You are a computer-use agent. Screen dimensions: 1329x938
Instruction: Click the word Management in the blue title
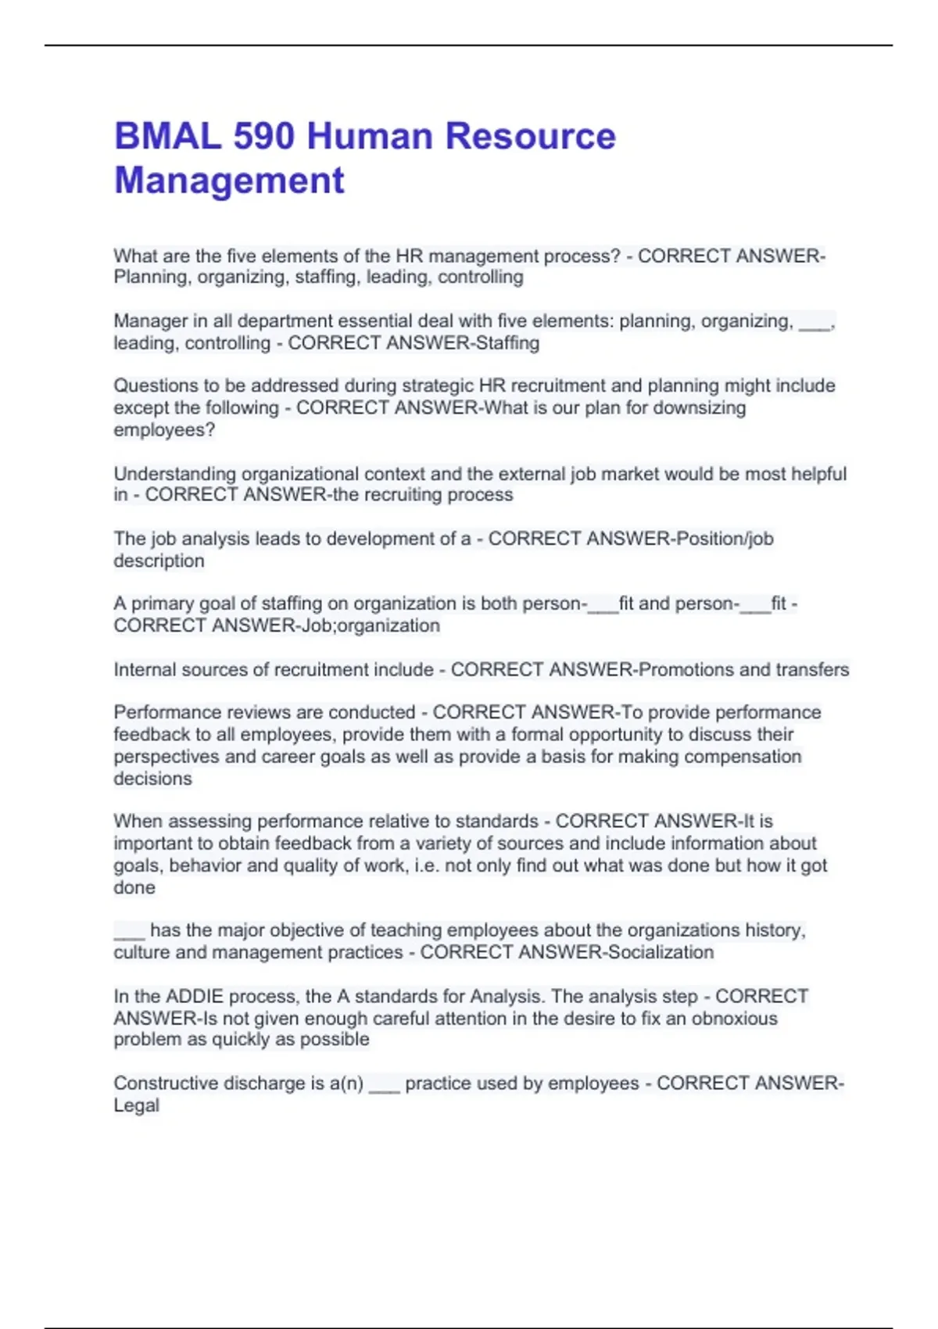tap(229, 181)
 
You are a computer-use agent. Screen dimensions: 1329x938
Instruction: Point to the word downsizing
tap(700, 408)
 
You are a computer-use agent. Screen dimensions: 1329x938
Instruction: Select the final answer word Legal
tap(136, 1105)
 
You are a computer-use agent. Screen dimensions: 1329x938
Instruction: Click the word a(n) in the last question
tap(346, 1084)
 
